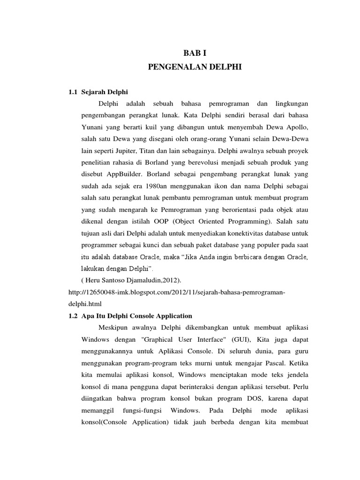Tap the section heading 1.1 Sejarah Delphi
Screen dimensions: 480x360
[x=98, y=91]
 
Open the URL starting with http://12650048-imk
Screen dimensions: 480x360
[x=177, y=292]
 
